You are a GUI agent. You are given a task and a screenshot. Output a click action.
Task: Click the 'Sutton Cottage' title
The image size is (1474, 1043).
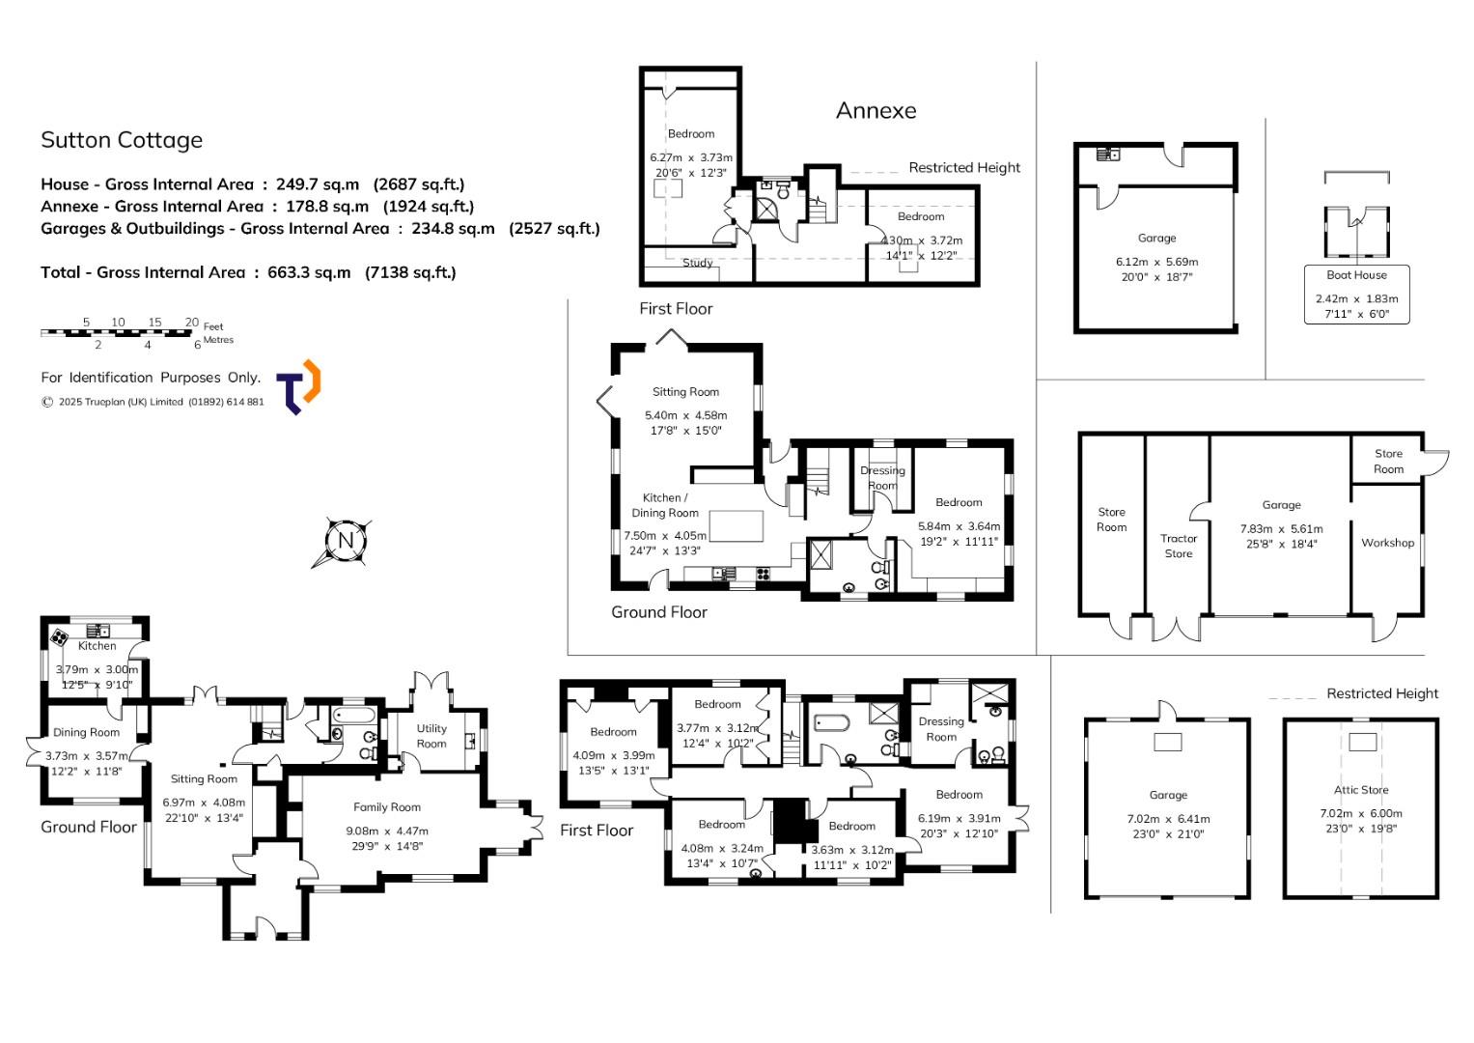tap(122, 140)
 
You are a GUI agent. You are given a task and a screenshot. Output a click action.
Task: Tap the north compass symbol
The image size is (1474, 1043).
tap(344, 542)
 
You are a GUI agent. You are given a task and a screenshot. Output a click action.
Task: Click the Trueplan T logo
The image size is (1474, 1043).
tap(298, 387)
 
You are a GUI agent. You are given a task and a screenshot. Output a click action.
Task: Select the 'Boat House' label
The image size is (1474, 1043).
tap(1356, 275)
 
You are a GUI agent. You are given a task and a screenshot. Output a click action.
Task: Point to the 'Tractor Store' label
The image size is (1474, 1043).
tap(1178, 546)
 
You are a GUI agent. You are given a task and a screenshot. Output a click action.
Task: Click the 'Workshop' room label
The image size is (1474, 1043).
tap(1387, 543)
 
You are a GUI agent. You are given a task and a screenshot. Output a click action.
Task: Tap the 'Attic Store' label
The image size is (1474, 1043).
tap(1361, 790)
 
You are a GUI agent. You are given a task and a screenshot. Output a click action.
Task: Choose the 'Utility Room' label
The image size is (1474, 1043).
tap(431, 736)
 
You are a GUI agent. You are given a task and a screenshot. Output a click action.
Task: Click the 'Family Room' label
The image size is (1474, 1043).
tap(386, 807)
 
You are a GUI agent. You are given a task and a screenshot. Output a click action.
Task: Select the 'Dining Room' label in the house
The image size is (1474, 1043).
tap(86, 732)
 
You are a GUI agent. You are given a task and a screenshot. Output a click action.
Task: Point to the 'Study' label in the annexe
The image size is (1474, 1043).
tap(698, 263)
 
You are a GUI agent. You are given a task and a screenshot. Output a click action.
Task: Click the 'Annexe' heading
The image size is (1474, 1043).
tap(876, 111)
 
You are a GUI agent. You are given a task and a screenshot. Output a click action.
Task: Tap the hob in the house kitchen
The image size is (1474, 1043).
tap(59, 637)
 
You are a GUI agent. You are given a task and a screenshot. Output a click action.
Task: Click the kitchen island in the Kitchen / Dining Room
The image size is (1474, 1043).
tap(736, 526)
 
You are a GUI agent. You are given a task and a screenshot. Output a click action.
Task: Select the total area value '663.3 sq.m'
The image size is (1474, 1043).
tap(309, 272)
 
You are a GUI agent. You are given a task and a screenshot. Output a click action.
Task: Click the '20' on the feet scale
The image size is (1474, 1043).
tap(191, 322)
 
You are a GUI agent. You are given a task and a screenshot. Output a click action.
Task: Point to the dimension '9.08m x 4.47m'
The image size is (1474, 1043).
tap(387, 831)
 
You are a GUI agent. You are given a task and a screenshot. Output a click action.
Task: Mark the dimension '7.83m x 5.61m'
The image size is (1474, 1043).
tap(1281, 529)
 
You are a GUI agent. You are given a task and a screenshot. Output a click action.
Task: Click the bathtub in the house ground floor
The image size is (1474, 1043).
tap(353, 715)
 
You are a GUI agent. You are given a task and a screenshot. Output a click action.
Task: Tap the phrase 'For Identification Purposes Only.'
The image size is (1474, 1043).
tap(151, 378)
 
